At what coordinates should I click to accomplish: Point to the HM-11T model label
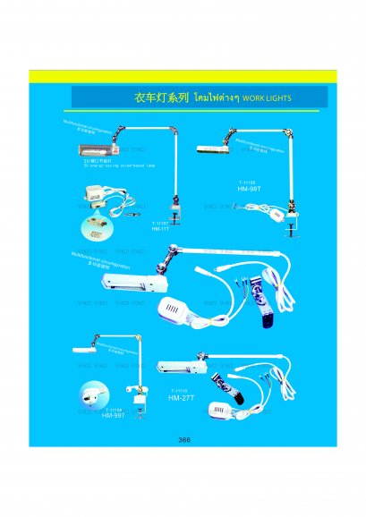161,228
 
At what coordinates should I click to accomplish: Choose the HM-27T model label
182,398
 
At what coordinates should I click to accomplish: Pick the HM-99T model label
114,416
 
